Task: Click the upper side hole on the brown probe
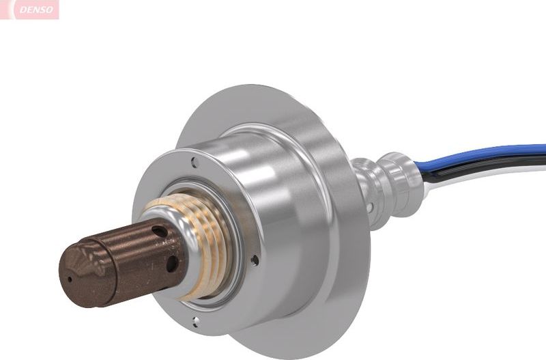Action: coord(160,233)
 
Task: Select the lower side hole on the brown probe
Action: coord(171,262)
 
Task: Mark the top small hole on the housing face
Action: coord(195,163)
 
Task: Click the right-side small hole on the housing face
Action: coord(255,260)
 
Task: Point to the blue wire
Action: coord(491,154)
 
